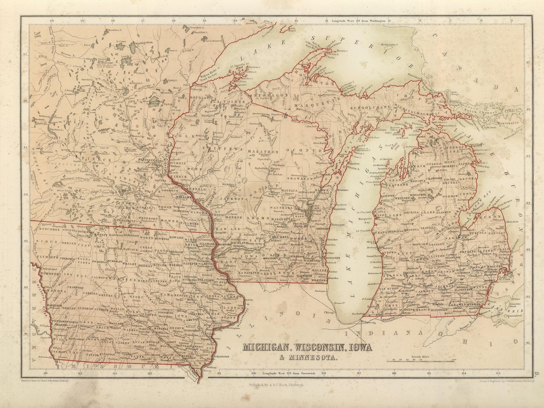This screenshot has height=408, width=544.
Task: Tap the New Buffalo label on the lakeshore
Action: click(357, 314)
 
